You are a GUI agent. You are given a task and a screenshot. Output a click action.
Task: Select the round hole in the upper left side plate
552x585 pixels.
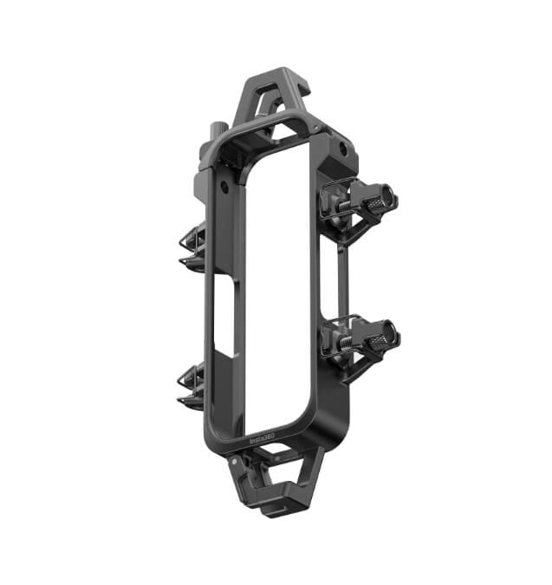pos(224,186)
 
